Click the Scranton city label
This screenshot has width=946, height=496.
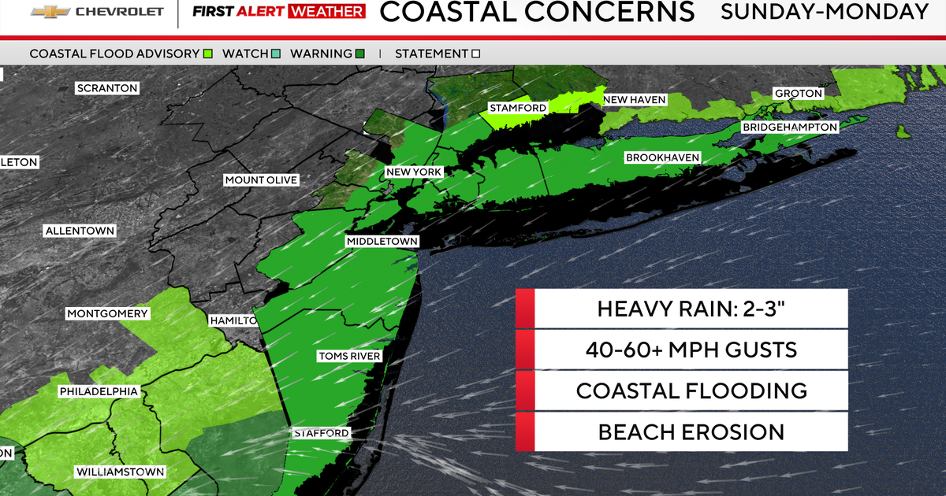[107, 88]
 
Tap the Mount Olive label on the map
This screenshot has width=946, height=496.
[261, 180]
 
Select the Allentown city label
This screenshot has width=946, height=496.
[80, 231]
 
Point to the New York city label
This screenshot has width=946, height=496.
[414, 172]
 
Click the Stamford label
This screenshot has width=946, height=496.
[518, 108]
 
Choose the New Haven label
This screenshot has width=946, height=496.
[635, 99]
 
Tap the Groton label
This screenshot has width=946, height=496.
[799, 93]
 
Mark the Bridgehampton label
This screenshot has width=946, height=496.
[789, 127]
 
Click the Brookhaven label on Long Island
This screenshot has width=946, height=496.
[662, 157]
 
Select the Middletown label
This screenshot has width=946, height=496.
[382, 241]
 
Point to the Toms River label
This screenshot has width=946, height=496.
[349, 356]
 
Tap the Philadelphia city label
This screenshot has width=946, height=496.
[99, 391]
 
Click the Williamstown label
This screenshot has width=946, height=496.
[120, 472]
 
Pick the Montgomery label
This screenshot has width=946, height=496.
[107, 313]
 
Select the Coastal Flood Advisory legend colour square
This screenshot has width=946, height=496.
[208, 54]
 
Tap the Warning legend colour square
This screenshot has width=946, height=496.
[359, 54]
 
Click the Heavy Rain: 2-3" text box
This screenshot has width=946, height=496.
[682, 309]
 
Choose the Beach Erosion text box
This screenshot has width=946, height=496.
[682, 431]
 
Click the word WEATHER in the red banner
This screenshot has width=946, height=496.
[327, 12]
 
